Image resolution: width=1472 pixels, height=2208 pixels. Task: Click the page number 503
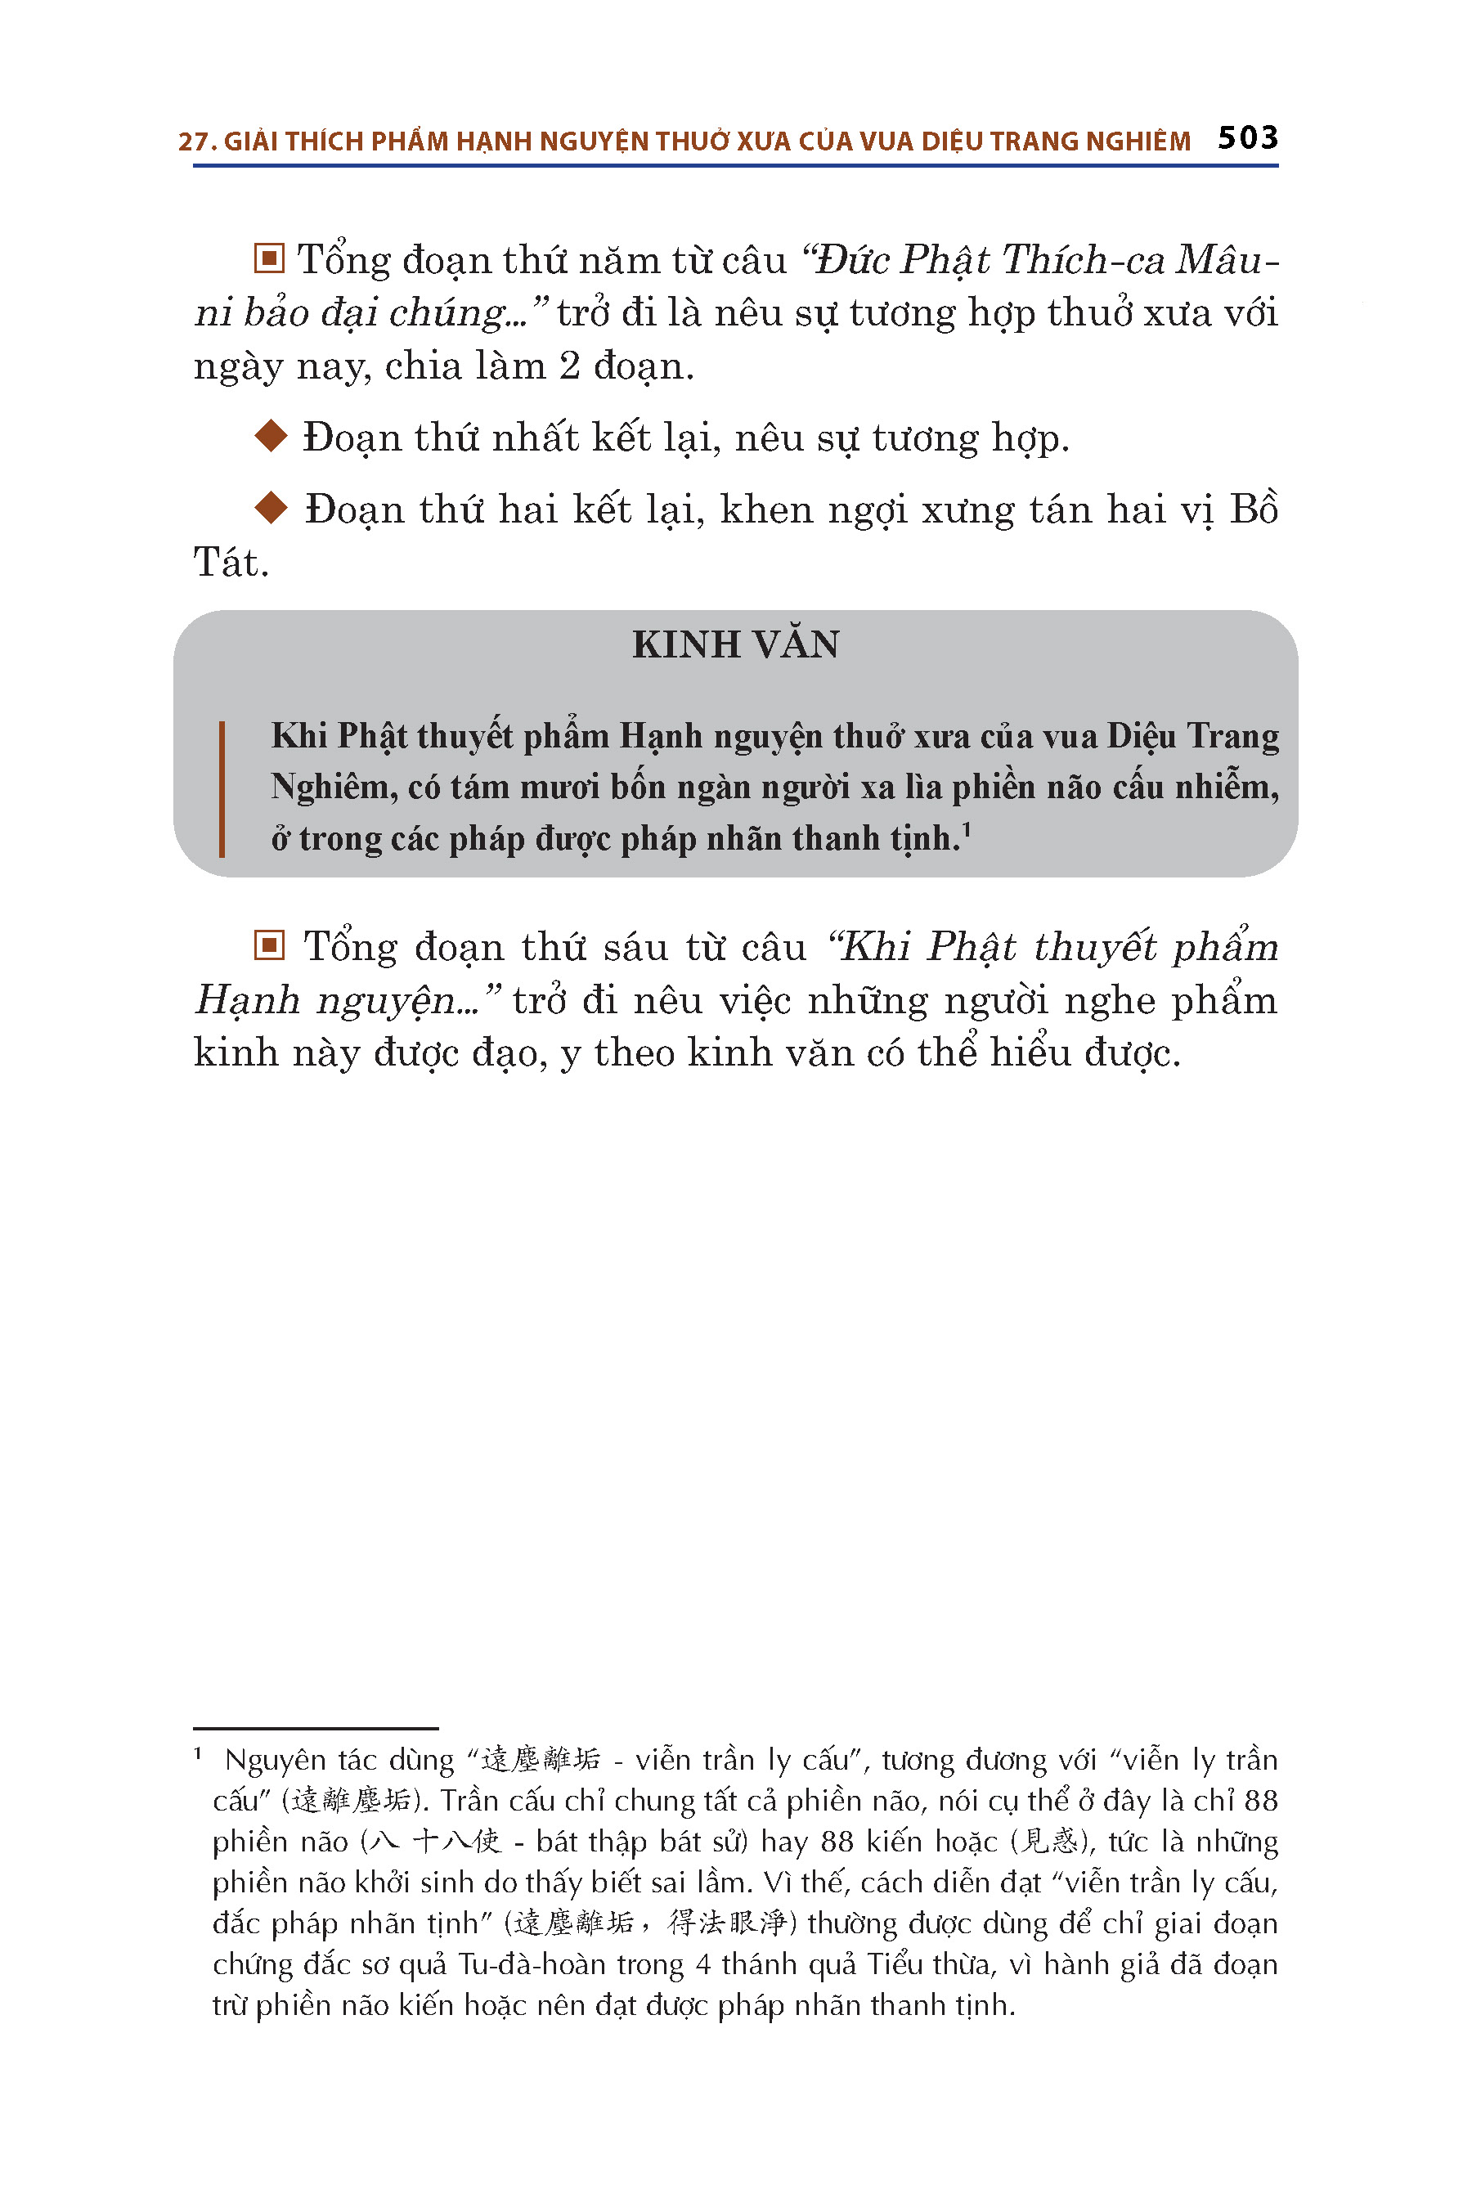(1248, 138)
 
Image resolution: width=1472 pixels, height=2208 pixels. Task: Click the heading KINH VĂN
(735, 645)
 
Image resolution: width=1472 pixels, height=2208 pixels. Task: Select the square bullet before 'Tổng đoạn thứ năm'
(269, 259)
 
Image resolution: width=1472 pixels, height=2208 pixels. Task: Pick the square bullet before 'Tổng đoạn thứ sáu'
(269, 945)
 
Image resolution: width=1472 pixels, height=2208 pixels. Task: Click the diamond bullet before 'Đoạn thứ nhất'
(272, 436)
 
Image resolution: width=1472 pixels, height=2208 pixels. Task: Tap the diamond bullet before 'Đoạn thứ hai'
(272, 508)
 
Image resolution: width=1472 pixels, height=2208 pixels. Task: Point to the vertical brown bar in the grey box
(222, 788)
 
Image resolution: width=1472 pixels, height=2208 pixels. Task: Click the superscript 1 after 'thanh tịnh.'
(966, 829)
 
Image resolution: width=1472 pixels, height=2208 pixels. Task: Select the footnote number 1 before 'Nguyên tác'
(198, 1753)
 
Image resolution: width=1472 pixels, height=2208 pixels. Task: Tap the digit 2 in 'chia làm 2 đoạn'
(570, 366)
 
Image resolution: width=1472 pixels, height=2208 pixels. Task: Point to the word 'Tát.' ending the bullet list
(231, 563)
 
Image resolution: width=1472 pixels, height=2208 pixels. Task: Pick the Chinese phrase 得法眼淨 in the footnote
(727, 1923)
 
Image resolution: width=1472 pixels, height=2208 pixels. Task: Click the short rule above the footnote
(316, 1727)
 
